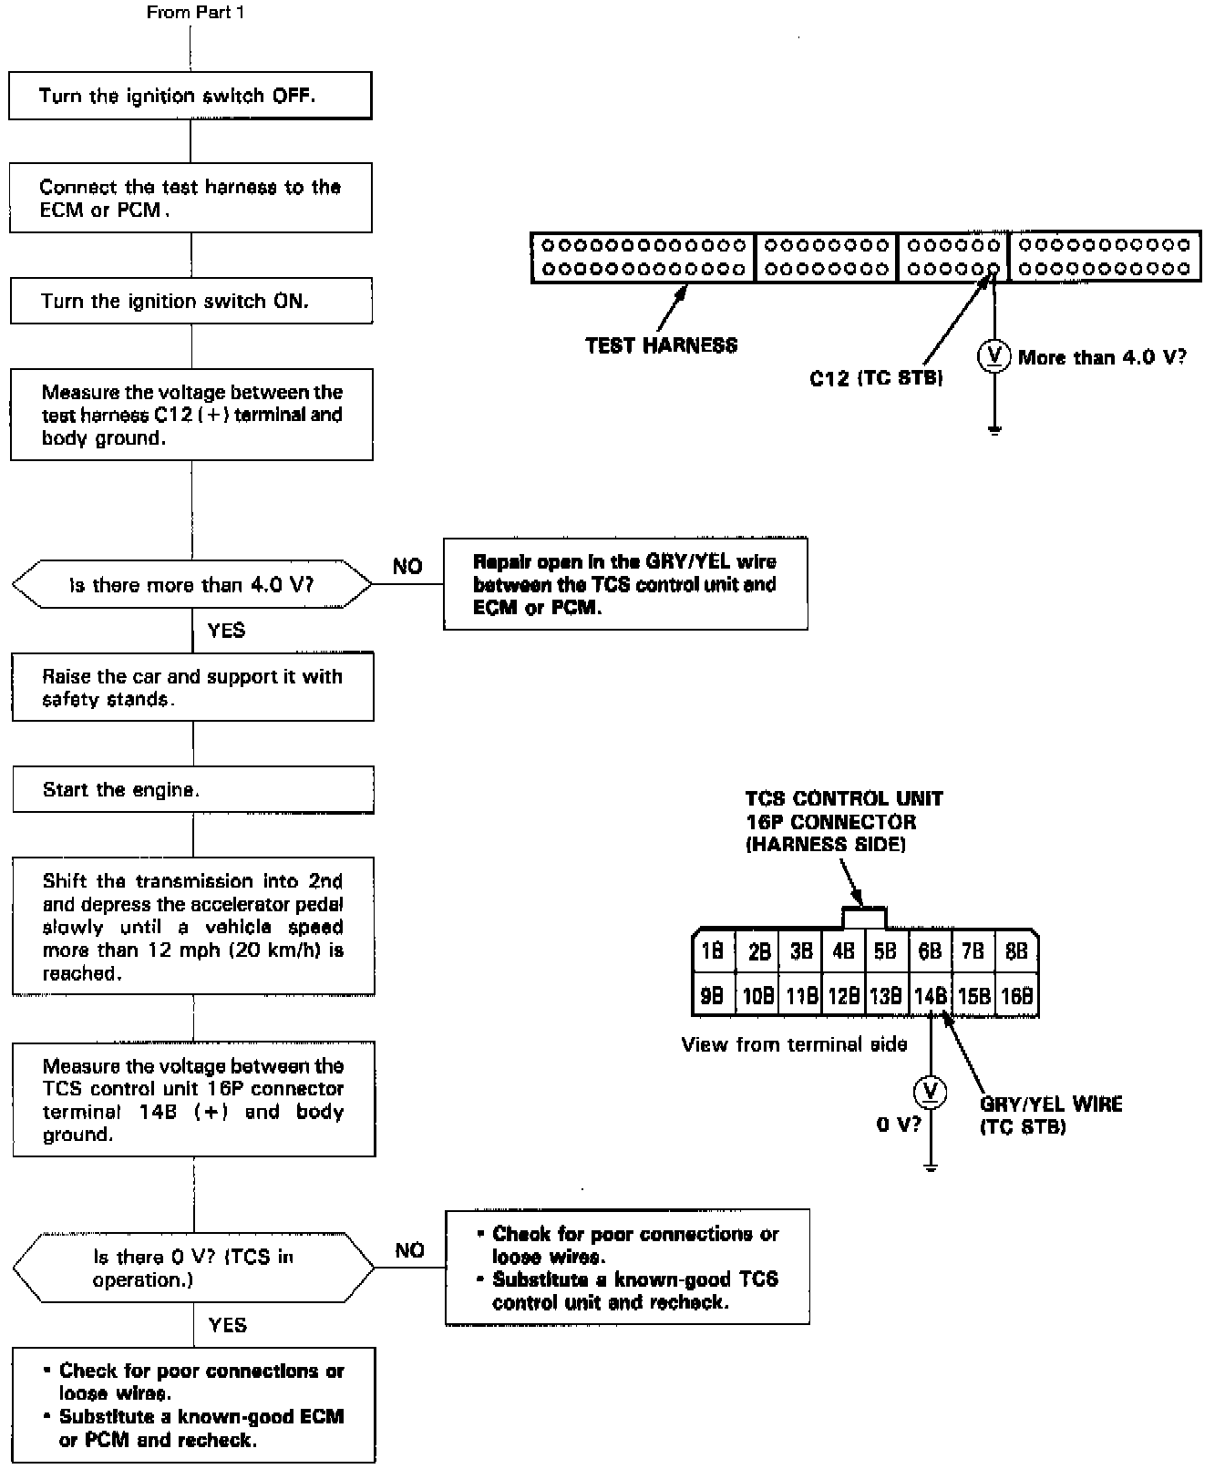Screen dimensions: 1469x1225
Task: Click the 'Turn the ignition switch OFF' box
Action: pos(190,96)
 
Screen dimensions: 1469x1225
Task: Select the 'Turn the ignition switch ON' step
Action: pos(190,301)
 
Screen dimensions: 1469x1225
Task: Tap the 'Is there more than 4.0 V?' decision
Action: pos(191,584)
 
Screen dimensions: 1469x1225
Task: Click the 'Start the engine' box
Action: pos(192,789)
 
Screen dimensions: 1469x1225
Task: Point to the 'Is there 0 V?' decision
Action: pos(193,1268)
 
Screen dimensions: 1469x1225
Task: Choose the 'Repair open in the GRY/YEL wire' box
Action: pos(625,584)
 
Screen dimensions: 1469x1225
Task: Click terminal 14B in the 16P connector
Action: pos(931,996)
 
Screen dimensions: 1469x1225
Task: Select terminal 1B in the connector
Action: pos(713,951)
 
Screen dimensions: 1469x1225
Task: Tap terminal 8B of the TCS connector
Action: pos(1016,951)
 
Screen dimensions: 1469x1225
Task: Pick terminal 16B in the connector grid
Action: pos(1016,996)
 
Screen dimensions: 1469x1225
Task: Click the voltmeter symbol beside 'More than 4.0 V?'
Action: pos(993,356)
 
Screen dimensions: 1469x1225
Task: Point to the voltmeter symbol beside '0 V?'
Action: pos(930,1092)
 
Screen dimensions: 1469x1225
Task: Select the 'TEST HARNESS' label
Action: pos(661,345)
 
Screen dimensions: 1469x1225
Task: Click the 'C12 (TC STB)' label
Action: pos(876,377)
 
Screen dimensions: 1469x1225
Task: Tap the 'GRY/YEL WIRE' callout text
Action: pos(1051,1104)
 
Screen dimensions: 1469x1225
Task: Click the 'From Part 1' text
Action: pos(195,13)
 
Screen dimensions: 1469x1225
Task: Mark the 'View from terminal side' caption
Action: pos(794,1044)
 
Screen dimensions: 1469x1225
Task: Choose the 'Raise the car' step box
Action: pos(192,688)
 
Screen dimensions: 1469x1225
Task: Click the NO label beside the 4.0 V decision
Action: pos(407,567)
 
